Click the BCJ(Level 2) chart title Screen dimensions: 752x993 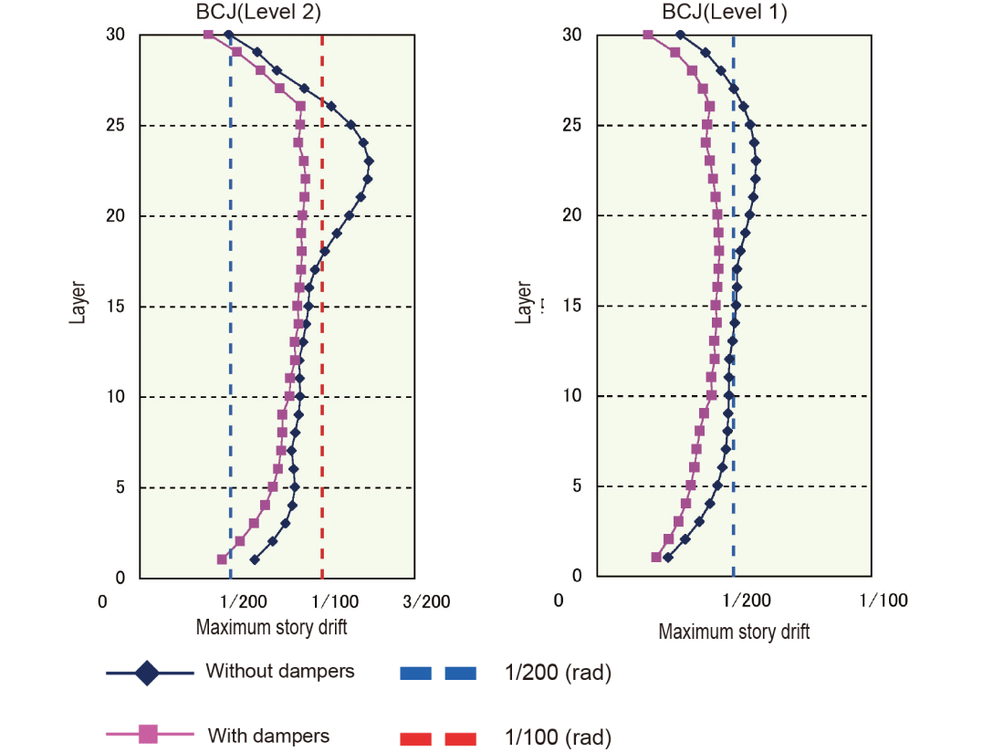(x=259, y=12)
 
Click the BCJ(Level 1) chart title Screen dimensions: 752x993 (x=726, y=12)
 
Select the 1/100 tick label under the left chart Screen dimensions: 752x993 (x=334, y=601)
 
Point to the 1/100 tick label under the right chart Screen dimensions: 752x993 (x=884, y=600)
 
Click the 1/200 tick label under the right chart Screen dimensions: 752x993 (x=746, y=600)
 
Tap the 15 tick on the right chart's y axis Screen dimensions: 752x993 (x=571, y=305)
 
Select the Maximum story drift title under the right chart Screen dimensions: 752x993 (x=734, y=632)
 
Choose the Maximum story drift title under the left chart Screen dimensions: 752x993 (x=271, y=627)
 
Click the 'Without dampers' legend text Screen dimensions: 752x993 (x=279, y=672)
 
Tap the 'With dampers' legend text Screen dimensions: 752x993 (x=268, y=736)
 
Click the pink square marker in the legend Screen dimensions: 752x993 (x=149, y=733)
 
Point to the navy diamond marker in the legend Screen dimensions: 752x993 (x=148, y=674)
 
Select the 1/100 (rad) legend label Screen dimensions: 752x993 (x=558, y=737)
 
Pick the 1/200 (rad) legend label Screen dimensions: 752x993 (x=558, y=674)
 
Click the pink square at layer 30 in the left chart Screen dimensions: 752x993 (x=209, y=35)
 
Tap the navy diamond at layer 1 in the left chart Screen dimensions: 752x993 (x=254, y=559)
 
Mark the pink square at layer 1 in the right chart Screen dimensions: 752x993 (x=656, y=557)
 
